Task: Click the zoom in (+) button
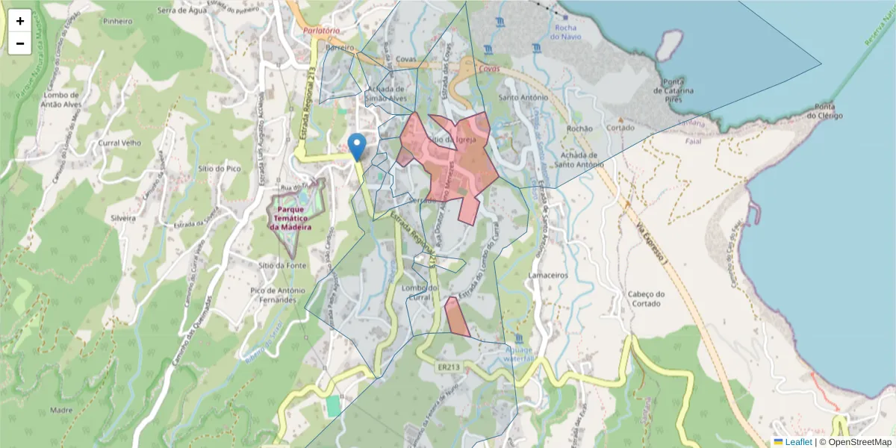click(x=20, y=21)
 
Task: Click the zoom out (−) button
click(x=20, y=43)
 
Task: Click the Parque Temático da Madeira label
click(x=290, y=217)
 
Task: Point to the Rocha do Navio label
click(x=566, y=31)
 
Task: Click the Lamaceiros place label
click(x=548, y=276)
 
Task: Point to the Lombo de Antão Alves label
click(x=61, y=99)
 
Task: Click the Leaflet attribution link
click(x=797, y=442)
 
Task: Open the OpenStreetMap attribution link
click(x=860, y=442)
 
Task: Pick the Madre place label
click(x=60, y=410)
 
